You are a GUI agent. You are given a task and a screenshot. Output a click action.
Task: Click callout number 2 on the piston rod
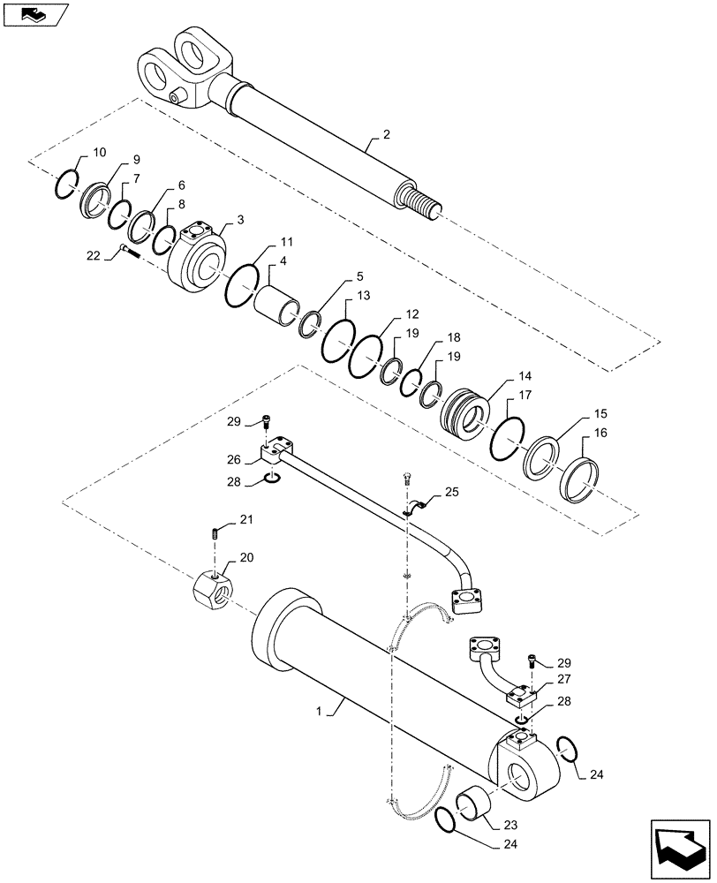[x=386, y=134]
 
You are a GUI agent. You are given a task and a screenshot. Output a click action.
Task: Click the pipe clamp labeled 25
[x=416, y=507]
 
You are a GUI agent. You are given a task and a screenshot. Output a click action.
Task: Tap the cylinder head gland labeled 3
[x=195, y=260]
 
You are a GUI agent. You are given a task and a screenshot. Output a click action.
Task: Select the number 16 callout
[x=600, y=434]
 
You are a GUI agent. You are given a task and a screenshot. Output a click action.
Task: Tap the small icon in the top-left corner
[x=34, y=13]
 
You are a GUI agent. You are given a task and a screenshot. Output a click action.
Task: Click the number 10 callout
[x=99, y=153]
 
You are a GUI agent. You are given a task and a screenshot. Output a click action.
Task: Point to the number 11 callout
[x=287, y=241]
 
